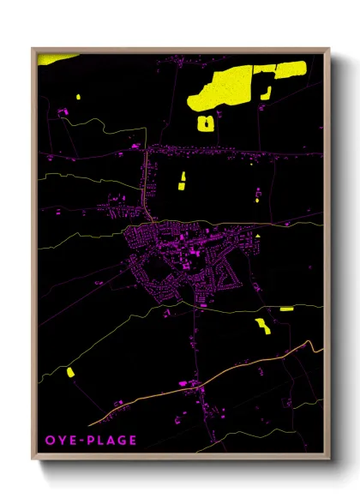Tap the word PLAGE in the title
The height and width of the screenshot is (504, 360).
110,441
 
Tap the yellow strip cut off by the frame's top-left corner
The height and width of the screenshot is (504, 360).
57,58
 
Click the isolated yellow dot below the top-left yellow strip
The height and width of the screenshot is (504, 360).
77,96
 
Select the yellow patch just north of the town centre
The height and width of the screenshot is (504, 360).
182,180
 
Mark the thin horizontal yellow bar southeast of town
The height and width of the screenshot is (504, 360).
286,309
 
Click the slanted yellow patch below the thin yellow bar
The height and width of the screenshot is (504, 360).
261,325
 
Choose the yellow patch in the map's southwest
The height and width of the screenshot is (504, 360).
70,372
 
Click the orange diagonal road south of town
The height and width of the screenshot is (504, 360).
257,367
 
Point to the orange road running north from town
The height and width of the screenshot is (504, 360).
148,184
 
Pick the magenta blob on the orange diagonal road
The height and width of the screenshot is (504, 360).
198,387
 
